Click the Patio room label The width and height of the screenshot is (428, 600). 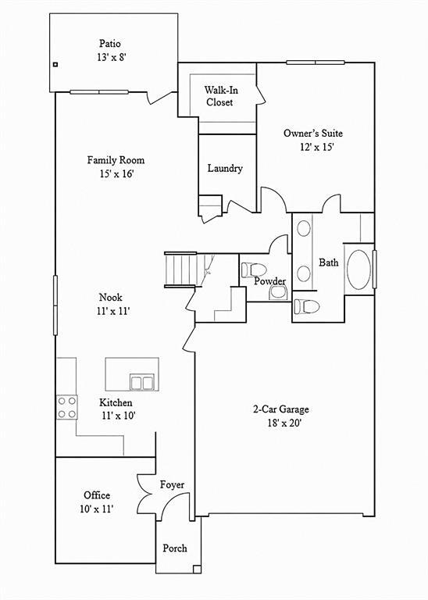(x=110, y=43)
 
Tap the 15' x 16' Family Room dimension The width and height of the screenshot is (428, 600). (x=116, y=174)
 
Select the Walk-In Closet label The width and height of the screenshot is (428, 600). (x=221, y=96)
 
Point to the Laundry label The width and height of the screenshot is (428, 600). (x=225, y=169)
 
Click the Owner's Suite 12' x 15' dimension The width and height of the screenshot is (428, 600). (x=317, y=148)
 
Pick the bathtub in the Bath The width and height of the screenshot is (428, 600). (x=358, y=270)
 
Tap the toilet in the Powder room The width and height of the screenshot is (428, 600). (x=253, y=270)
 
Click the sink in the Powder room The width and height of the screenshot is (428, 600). (x=278, y=293)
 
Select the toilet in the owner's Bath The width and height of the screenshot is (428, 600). (x=306, y=306)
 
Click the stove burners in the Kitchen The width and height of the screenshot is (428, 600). (x=66, y=407)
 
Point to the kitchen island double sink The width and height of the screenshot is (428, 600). (x=141, y=382)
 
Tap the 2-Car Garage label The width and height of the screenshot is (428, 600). (x=280, y=409)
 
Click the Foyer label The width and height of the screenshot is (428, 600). (x=172, y=485)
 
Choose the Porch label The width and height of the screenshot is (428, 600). (x=175, y=548)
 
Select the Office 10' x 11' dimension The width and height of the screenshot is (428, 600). (x=97, y=509)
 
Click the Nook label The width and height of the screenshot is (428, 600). (x=111, y=298)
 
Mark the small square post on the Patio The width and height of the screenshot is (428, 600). (x=55, y=65)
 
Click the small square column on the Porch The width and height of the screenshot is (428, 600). (x=197, y=569)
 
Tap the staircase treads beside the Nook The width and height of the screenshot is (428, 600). (x=180, y=270)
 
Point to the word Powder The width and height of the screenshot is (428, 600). (x=270, y=281)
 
